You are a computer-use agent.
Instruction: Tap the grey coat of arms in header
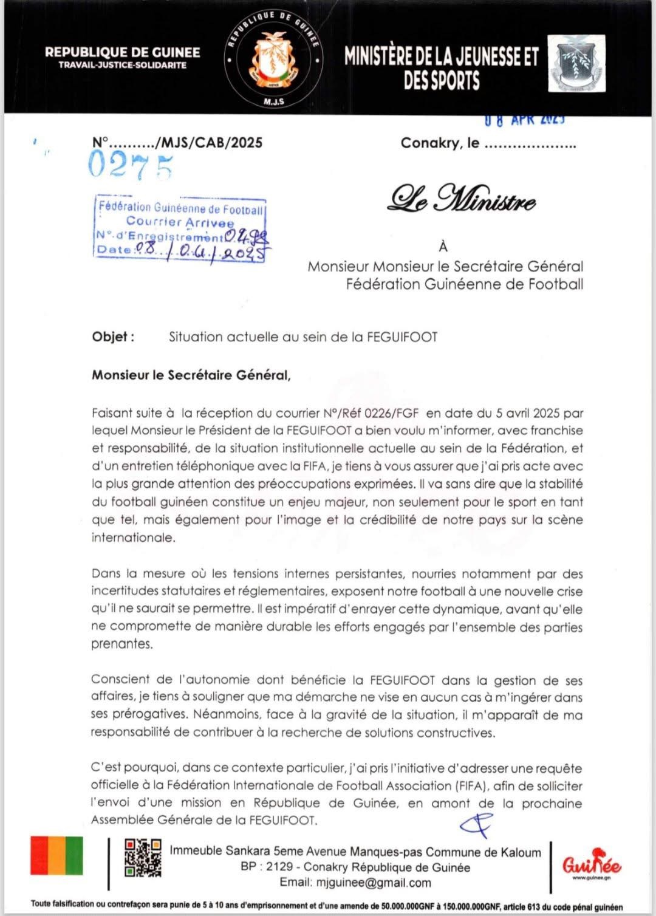[576, 63]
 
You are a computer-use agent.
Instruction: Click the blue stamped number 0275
[130, 165]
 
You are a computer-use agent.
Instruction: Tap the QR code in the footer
[143, 858]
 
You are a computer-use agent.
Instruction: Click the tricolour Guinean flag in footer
[57, 855]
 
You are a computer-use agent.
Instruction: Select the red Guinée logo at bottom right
[591, 864]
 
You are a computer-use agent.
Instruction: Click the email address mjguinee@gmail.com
[355, 883]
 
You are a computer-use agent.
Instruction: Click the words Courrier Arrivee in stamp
[180, 222]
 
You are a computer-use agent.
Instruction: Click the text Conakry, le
[440, 143]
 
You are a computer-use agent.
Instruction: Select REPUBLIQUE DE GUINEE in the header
[122, 52]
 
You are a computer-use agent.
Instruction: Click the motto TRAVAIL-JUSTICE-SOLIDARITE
[122, 65]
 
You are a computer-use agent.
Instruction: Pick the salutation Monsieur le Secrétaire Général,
[191, 375]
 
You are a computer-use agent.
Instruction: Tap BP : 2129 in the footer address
[267, 867]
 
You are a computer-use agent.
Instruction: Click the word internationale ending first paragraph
[133, 538]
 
